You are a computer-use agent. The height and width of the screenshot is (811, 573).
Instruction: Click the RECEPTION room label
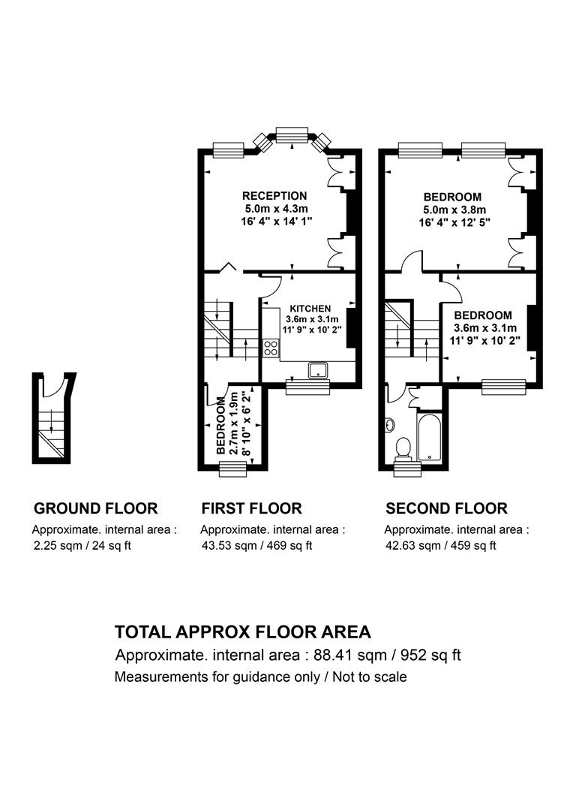coord(274,196)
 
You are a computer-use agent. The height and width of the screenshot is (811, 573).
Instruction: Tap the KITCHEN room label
coord(310,309)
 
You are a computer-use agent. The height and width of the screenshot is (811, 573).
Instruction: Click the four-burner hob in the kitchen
coord(271,348)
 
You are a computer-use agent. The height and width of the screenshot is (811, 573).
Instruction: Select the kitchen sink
coord(319,370)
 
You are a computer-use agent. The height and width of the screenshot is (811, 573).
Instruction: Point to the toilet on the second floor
coord(403,448)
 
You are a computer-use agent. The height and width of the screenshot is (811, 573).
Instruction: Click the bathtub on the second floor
coord(429,438)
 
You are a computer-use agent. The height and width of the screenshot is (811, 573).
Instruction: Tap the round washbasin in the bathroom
coord(390,425)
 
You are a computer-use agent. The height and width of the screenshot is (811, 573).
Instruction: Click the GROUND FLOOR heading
coord(95,508)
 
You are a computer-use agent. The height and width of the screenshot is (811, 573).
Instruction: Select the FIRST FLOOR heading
coord(251,508)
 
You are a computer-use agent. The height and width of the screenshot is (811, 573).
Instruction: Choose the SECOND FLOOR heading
coord(446,508)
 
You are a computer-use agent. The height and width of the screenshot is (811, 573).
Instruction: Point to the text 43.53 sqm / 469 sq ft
coord(256,546)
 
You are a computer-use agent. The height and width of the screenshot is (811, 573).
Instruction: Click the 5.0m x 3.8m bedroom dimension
coord(452,210)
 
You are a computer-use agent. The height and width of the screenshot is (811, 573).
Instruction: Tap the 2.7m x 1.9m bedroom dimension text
coord(233,424)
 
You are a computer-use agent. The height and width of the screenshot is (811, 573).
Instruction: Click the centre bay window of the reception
coord(292,134)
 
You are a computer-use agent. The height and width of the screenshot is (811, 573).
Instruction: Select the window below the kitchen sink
coord(308,387)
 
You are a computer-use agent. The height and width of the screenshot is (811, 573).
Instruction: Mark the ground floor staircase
coord(52,433)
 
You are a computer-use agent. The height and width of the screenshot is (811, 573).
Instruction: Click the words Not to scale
coord(370,677)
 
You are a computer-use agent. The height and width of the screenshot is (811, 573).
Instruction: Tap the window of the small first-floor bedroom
coord(233,469)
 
